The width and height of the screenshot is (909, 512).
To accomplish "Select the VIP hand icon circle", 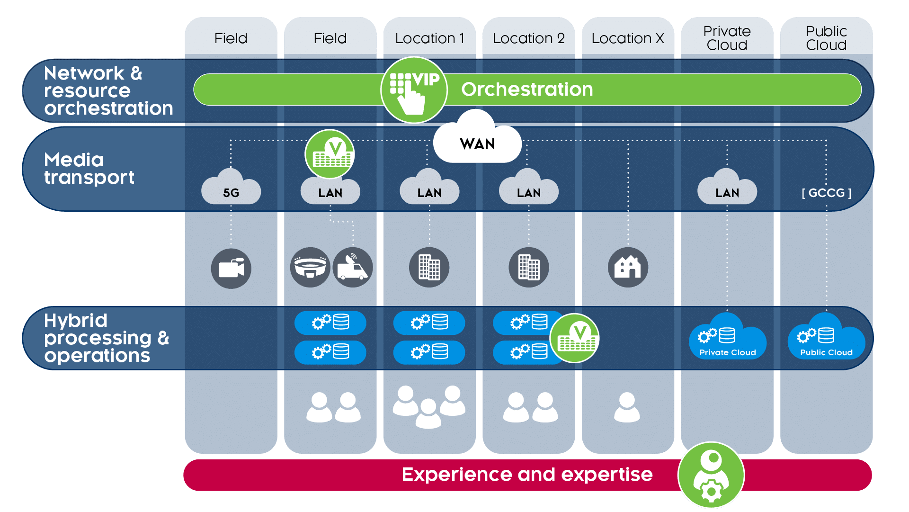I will pyautogui.click(x=414, y=90).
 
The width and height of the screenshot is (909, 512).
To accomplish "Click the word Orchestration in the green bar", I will pyautogui.click(x=526, y=90).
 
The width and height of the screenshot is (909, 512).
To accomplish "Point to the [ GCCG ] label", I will pyautogui.click(x=826, y=193).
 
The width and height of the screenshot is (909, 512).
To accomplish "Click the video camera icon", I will pyautogui.click(x=231, y=269).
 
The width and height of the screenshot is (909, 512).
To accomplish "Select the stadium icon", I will pyautogui.click(x=310, y=267).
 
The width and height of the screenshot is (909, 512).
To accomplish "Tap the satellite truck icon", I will pyautogui.click(x=353, y=267).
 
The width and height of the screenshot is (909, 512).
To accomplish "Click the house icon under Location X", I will pyautogui.click(x=628, y=267).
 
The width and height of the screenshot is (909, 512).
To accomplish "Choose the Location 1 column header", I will pyautogui.click(x=429, y=38).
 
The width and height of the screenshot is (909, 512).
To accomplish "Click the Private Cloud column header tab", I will pyautogui.click(x=727, y=38).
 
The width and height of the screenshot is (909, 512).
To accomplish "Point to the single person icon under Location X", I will pyautogui.click(x=627, y=407).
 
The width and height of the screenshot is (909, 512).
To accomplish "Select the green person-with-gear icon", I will pyautogui.click(x=711, y=475).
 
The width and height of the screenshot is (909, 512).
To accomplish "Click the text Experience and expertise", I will pyautogui.click(x=526, y=475).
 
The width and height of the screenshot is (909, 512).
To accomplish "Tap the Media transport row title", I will pyautogui.click(x=89, y=169).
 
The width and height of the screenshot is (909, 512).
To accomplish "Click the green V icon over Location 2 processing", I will pyautogui.click(x=575, y=338).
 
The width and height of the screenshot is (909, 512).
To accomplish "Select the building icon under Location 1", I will pyautogui.click(x=429, y=267).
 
